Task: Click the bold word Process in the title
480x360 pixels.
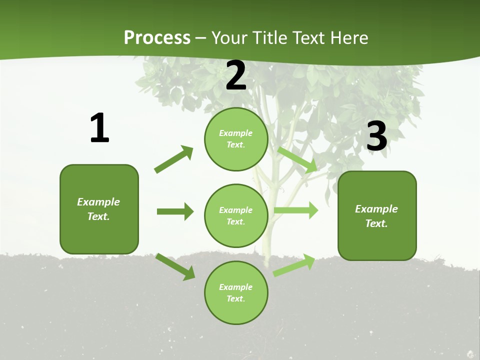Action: pos(157,38)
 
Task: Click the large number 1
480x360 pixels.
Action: pos(99,128)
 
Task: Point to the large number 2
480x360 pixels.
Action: pos(236,76)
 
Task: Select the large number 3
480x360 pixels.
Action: pos(376,136)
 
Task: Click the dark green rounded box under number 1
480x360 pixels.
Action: pos(99,209)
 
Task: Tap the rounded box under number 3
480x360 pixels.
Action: pos(377,215)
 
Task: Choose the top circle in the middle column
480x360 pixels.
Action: pos(236,139)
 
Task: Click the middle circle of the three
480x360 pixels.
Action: pos(236,215)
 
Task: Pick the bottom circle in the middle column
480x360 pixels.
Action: pos(236,292)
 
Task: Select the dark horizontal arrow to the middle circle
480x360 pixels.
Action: pos(175,211)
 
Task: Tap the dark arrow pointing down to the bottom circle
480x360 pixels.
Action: pos(175,266)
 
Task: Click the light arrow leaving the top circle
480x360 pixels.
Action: pos(298,159)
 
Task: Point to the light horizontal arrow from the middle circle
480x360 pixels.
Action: pos(296,210)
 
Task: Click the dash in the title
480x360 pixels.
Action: pos(201,38)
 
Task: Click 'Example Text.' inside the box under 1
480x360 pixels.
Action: pos(98,209)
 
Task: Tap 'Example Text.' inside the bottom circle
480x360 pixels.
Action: pos(236,292)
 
